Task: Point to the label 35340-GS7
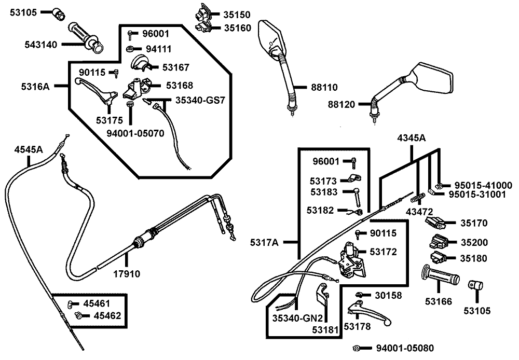200,100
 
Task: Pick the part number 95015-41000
483,185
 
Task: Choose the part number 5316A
36,87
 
